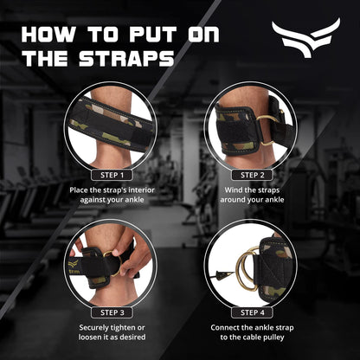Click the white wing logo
tap(305, 38)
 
